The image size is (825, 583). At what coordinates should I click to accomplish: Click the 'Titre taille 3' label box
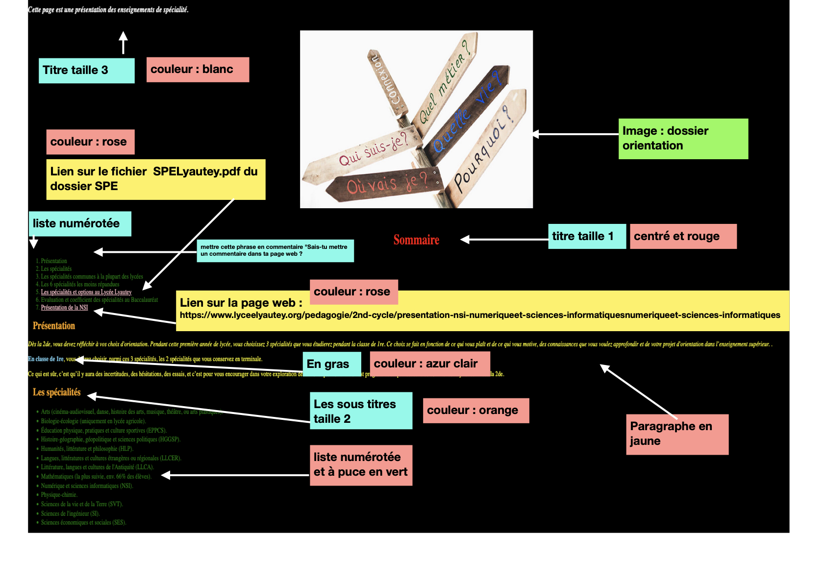[86, 71]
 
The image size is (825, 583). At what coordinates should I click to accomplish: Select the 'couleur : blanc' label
[198, 70]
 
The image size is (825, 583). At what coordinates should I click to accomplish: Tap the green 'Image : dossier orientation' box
[683, 139]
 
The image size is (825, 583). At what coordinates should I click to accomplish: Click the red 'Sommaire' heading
[416, 240]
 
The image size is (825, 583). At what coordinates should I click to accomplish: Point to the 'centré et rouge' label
[683, 237]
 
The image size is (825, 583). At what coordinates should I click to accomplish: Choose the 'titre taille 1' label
[586, 237]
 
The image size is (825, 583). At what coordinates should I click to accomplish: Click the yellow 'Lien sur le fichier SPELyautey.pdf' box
[155, 179]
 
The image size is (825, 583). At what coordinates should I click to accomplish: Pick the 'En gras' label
[331, 364]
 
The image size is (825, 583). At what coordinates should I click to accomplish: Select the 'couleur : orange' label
[475, 411]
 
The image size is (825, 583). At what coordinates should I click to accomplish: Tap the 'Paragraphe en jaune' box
[677, 434]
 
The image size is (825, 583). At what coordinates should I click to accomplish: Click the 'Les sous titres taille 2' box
[360, 411]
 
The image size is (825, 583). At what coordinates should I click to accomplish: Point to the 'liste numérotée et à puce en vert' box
[360, 465]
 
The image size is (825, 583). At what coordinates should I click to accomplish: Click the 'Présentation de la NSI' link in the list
[64, 308]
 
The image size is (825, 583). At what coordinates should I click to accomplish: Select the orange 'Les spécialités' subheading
[56, 392]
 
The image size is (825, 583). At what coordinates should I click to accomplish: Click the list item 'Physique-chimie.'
[59, 495]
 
